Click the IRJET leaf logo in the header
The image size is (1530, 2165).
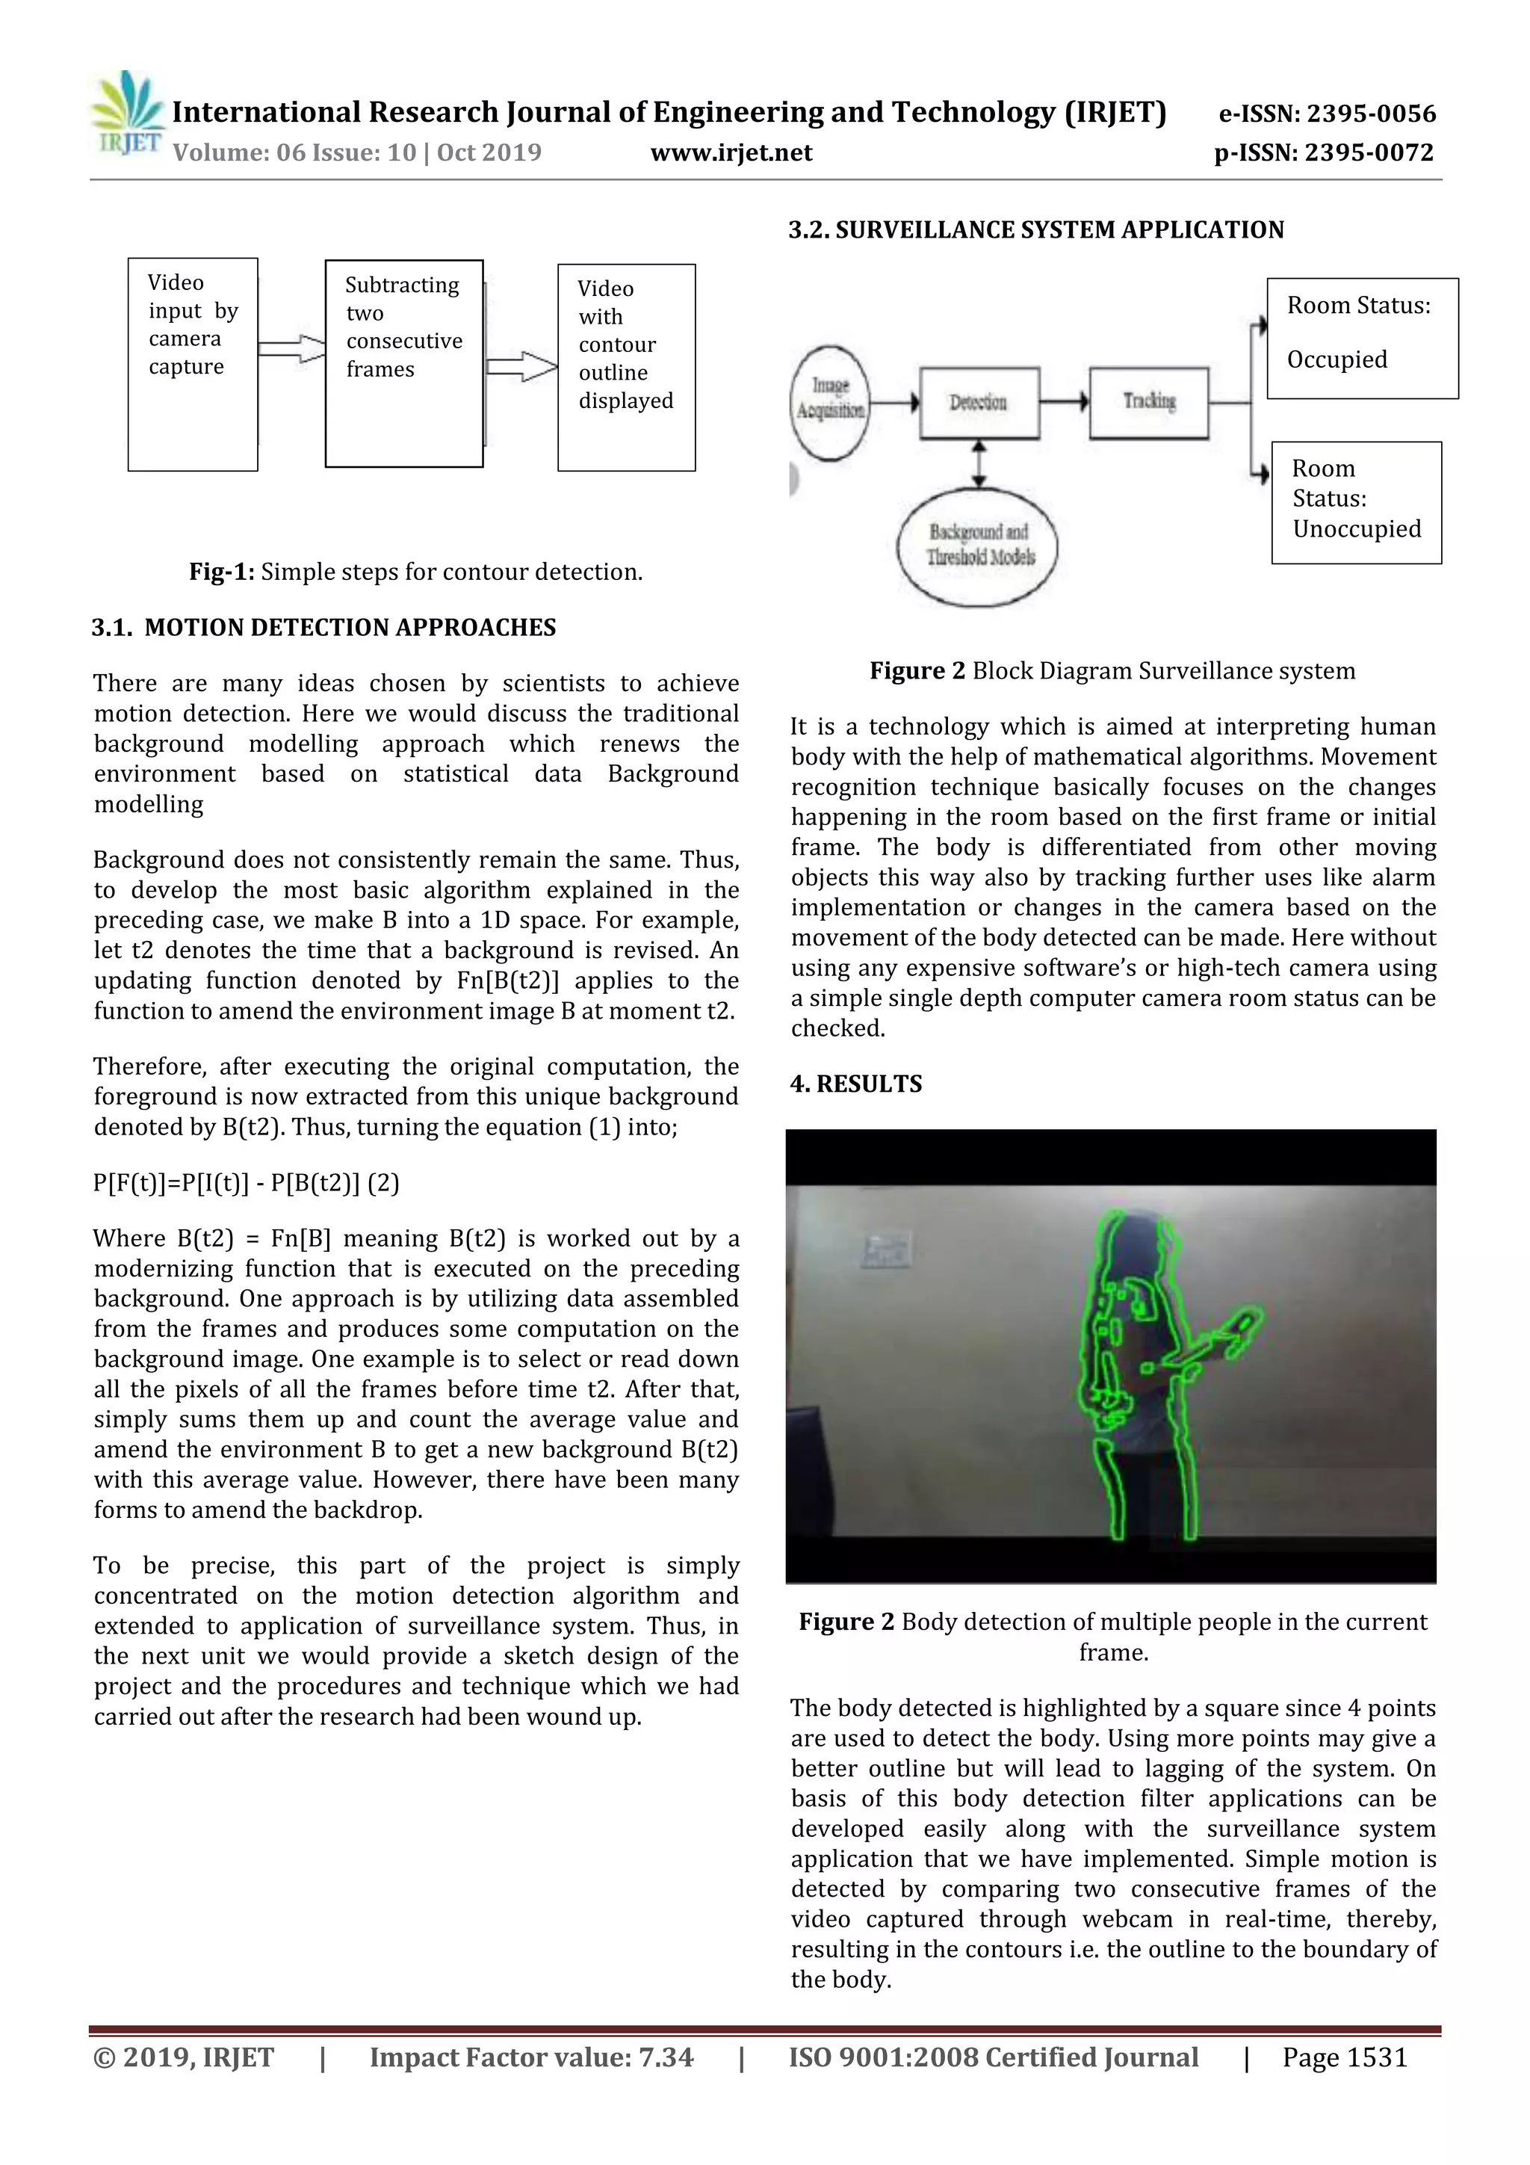(127, 111)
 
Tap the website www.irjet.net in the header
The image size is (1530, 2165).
(731, 152)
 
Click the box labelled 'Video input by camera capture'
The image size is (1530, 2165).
(192, 364)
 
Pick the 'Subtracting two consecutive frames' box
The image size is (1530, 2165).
(403, 364)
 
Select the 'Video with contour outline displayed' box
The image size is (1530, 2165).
(626, 368)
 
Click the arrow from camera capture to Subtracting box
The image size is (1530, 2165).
(291, 349)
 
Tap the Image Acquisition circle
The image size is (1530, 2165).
(829, 403)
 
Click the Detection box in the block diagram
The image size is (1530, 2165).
(979, 403)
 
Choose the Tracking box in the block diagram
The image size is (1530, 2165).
(1148, 403)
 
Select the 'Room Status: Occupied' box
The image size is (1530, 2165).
(1361, 338)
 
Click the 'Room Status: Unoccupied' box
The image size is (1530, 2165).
(1356, 501)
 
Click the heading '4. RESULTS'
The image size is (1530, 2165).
(856, 1084)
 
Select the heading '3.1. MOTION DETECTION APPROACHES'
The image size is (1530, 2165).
(323, 628)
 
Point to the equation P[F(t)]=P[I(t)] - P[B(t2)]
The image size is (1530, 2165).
(246, 1184)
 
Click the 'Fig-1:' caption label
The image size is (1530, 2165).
(222, 572)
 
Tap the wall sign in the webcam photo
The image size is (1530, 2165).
(886, 1250)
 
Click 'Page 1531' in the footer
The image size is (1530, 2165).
(1343, 2057)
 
